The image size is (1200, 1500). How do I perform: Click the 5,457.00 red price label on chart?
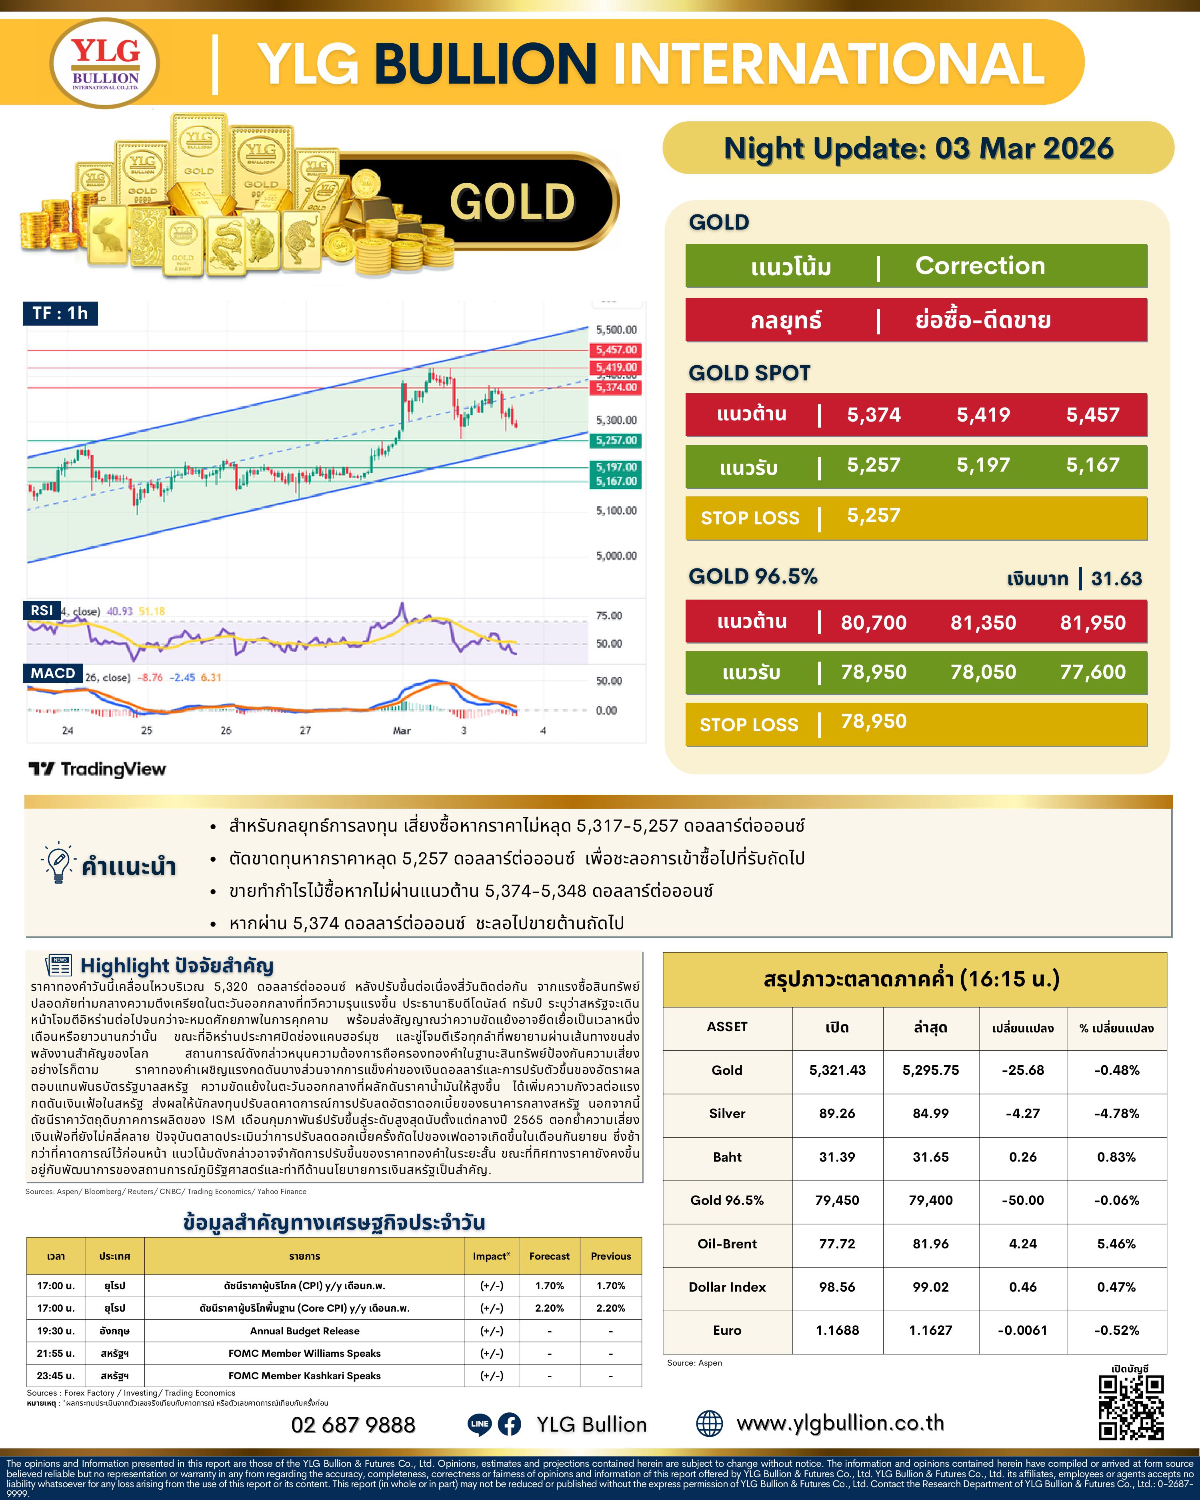point(616,350)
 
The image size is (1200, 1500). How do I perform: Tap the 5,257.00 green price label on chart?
point(616,440)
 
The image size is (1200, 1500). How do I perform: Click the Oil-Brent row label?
point(727,1243)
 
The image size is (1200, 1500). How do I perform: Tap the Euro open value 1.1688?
point(837,1330)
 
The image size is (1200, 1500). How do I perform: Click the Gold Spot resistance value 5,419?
point(983,415)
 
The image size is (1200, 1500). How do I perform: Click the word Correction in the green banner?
point(980,266)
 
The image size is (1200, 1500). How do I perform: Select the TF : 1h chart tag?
point(60,313)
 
